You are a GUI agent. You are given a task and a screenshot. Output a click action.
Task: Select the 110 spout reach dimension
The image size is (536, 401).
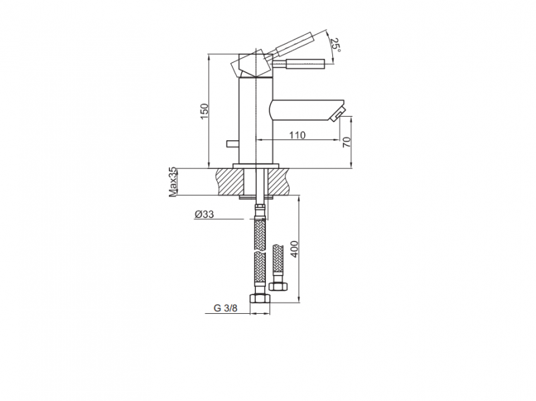click(x=297, y=135)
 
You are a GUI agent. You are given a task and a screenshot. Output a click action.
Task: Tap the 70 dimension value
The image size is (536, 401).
click(x=346, y=142)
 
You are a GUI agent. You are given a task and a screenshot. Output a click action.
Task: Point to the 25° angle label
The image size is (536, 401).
click(x=336, y=46)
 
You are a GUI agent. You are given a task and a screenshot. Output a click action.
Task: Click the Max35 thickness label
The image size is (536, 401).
click(x=172, y=182)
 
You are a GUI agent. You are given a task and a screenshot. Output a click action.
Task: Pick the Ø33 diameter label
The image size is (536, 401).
click(x=204, y=215)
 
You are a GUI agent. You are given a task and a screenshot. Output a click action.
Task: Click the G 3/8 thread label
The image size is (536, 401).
click(x=225, y=308)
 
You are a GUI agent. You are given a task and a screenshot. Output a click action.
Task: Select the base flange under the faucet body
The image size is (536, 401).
click(x=255, y=164)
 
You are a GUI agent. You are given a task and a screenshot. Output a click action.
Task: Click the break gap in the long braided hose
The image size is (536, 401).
click(x=259, y=249)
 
